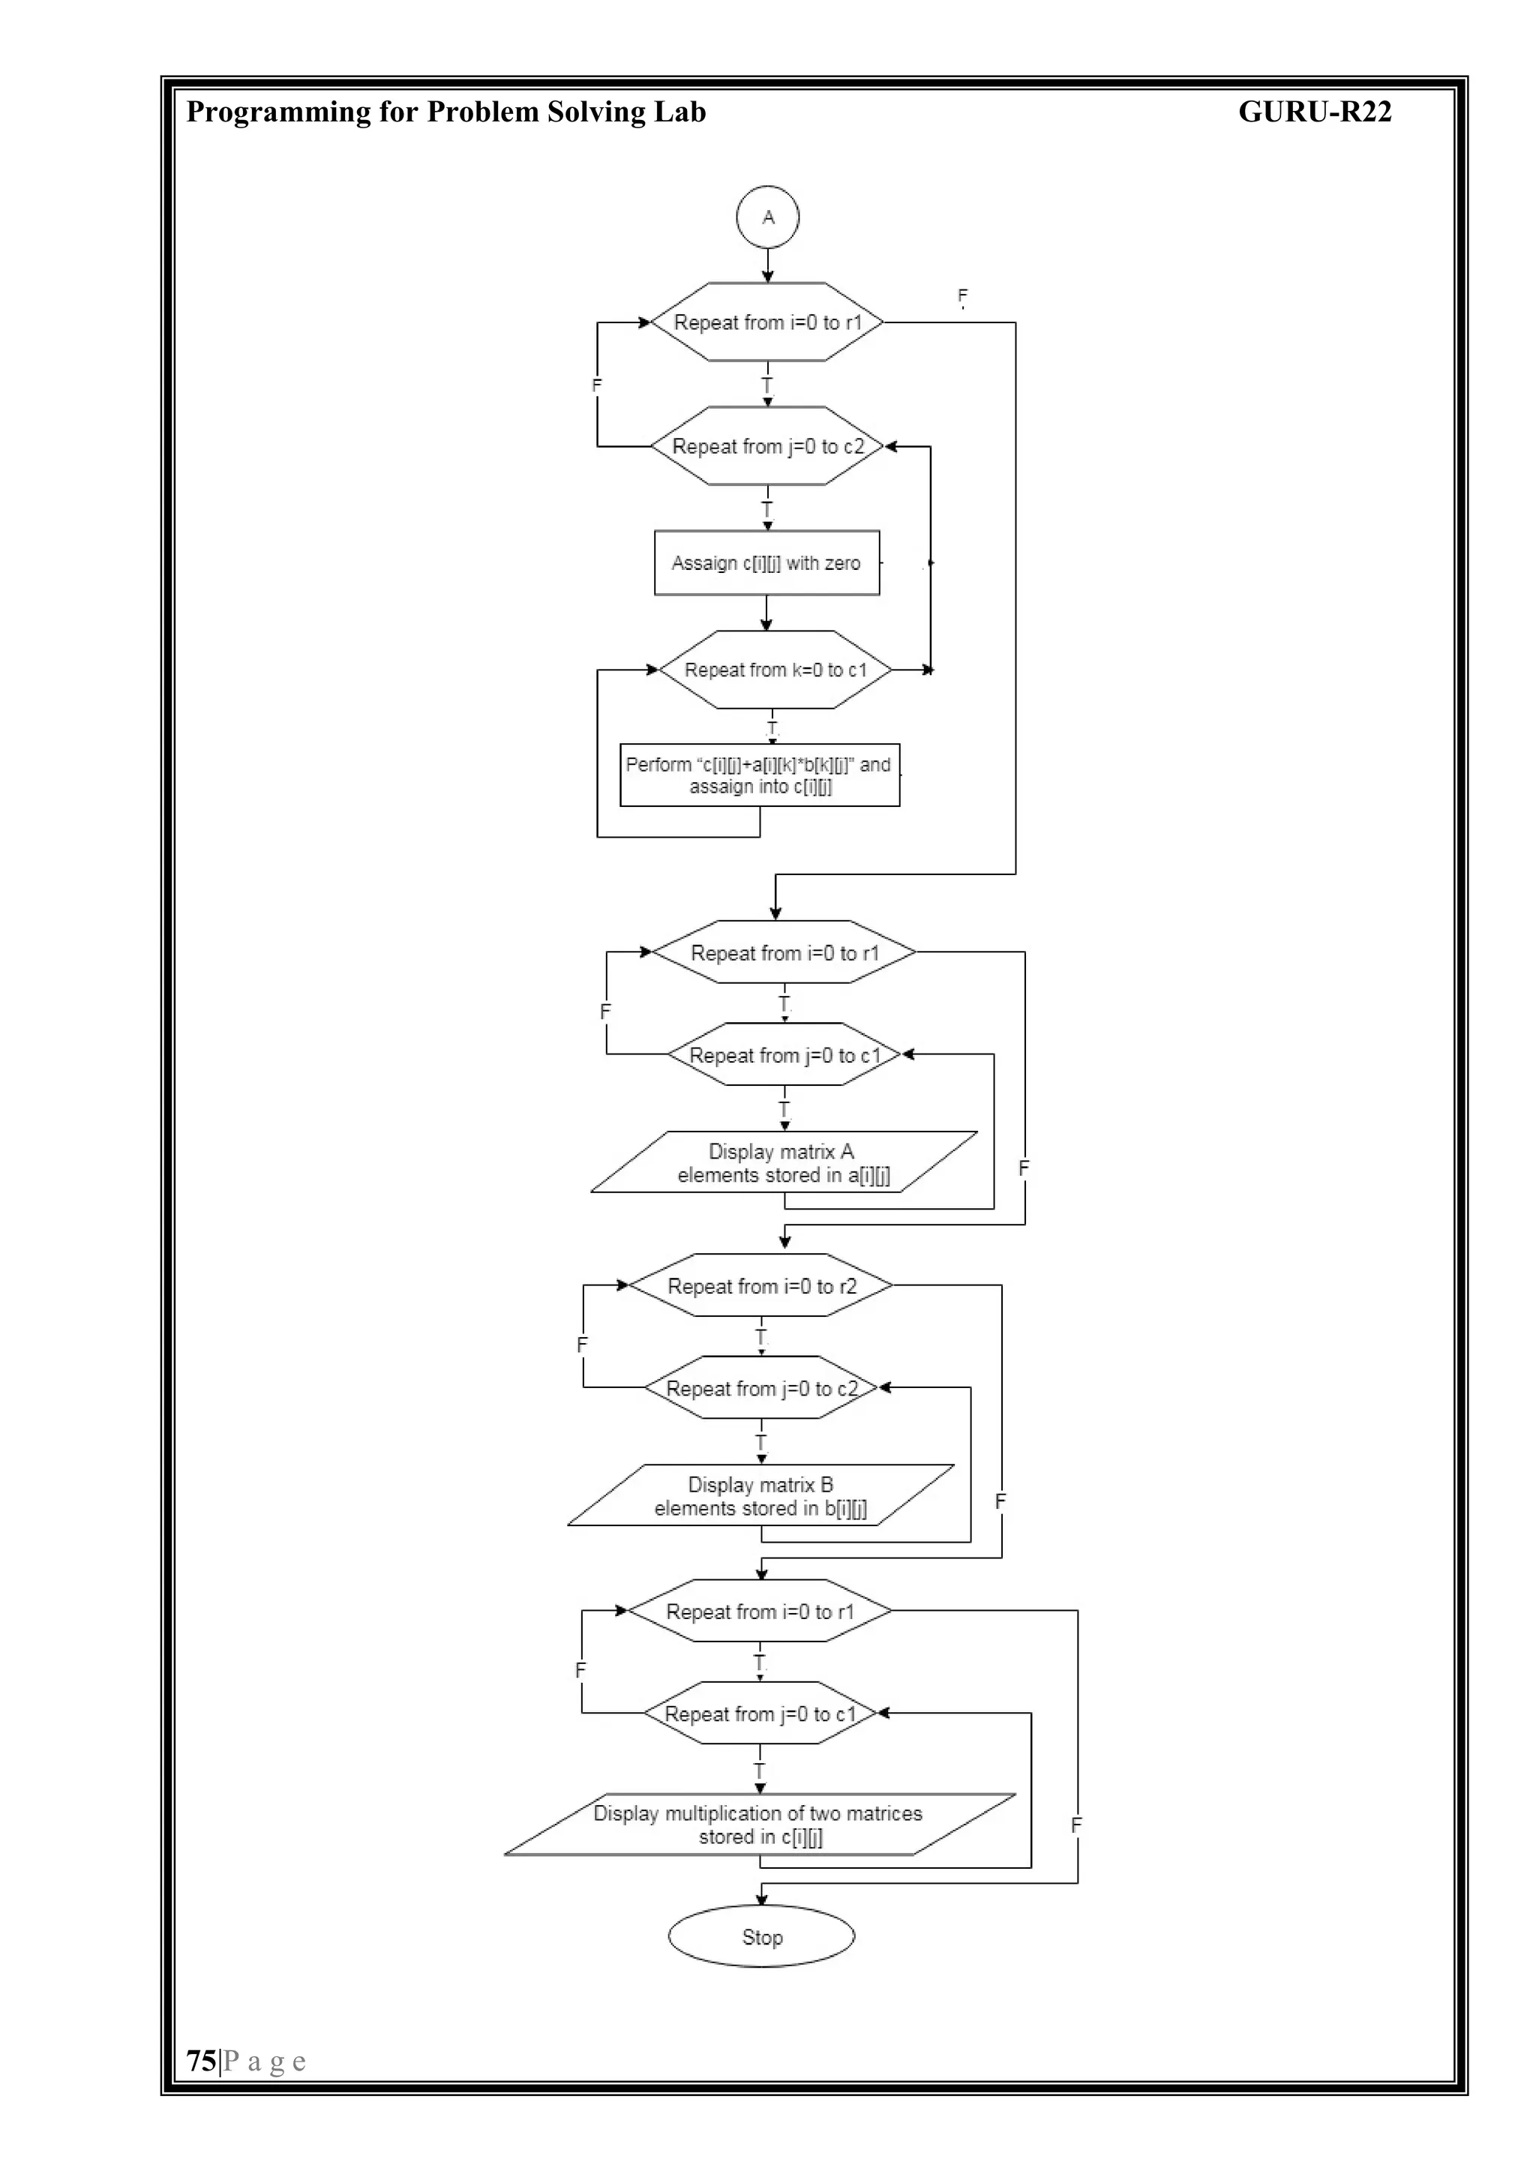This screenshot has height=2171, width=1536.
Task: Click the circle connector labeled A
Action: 767,217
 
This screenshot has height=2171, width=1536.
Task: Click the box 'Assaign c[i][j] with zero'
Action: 766,562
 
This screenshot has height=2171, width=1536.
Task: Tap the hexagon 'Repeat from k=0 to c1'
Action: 775,670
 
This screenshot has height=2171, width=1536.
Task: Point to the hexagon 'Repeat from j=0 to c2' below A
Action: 767,446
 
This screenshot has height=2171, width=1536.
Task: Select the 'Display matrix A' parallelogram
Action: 783,1163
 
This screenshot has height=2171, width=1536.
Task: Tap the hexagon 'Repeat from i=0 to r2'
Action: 761,1286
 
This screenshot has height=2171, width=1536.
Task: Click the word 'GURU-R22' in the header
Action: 1314,112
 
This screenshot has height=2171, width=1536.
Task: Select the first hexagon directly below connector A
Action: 767,322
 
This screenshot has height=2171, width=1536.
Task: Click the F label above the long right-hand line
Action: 963,296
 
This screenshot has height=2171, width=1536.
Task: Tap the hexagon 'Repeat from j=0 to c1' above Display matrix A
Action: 784,1055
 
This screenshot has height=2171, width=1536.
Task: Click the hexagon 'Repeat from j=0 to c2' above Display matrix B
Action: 761,1388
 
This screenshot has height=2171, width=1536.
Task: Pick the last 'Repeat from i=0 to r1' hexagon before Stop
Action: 760,1612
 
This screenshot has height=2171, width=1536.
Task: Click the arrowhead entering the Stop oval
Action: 761,1900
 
